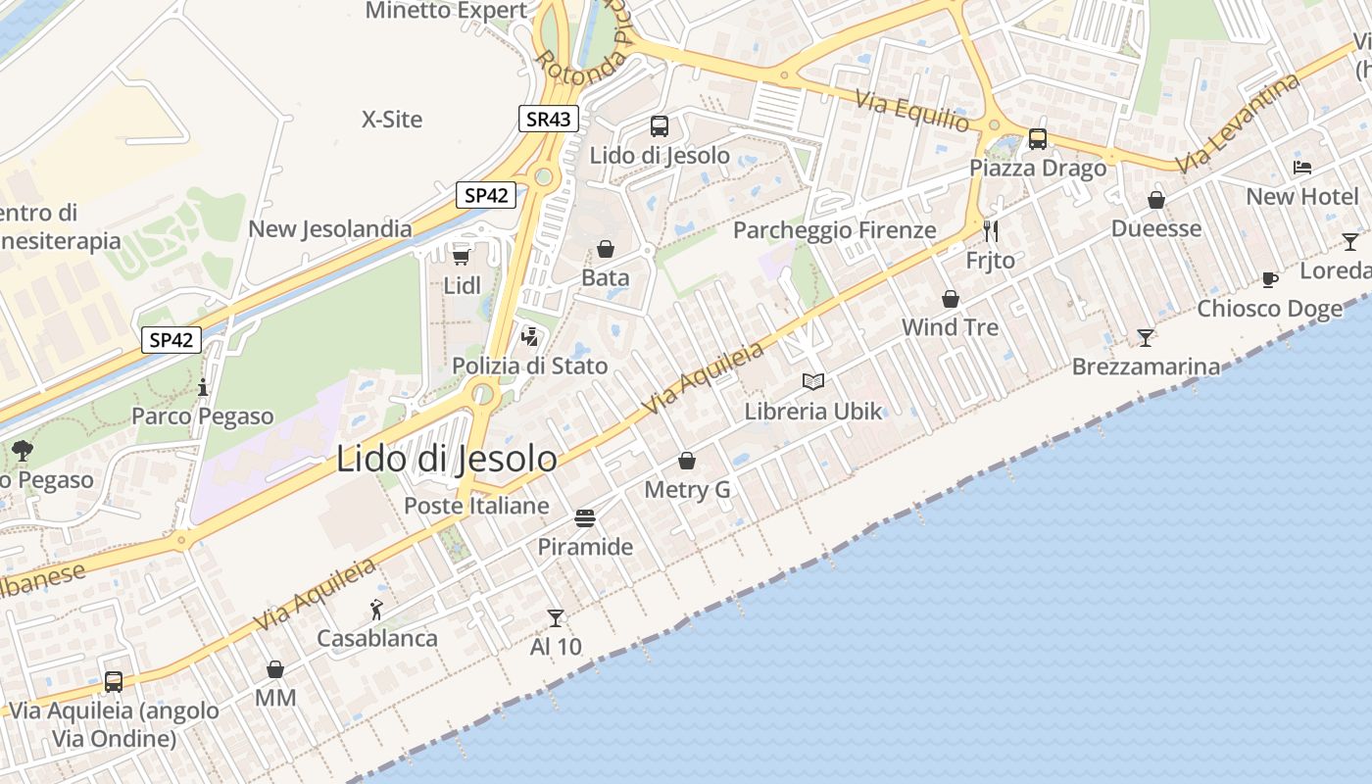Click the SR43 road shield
coord(548,120)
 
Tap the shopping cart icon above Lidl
coord(461,256)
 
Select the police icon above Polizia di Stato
coord(530,337)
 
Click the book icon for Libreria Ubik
coord(813,381)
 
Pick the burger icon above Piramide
coord(585,517)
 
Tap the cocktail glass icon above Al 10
coord(556,617)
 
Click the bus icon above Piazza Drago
coord(1038,139)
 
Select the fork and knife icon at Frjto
coord(991,231)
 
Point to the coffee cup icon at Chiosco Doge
coord(1270,279)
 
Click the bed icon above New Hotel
coord(1302,168)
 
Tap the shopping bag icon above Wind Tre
coord(950,299)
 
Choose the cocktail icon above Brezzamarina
coord(1146,338)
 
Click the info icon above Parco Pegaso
coord(203,387)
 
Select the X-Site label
coord(392,120)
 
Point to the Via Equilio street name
coord(911,111)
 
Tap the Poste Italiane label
coord(477,506)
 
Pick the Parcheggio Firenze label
coord(835,230)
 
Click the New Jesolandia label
coord(330,229)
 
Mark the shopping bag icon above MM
coord(275,669)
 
